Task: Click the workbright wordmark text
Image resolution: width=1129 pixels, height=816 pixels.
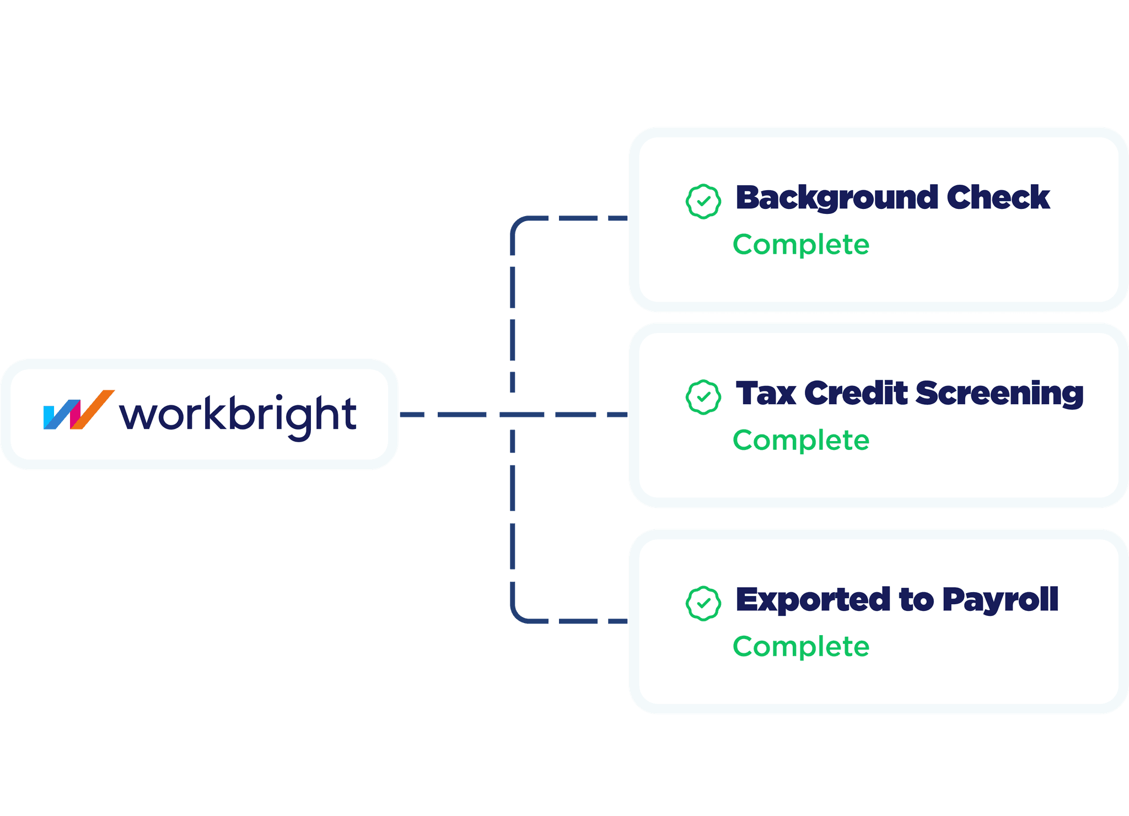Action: [x=238, y=415]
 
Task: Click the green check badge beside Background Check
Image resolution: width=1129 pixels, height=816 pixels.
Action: [x=703, y=201]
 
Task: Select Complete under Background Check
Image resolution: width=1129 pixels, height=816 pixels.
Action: [x=800, y=244]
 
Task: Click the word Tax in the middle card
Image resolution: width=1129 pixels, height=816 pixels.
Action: [x=766, y=393]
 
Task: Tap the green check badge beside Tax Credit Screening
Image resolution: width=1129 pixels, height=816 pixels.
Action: [x=703, y=396]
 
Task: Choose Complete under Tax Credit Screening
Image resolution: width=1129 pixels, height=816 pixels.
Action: [x=800, y=440]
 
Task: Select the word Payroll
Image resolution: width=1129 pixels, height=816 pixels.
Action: [x=1000, y=600]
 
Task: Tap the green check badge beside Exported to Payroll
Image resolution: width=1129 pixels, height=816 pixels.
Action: [x=703, y=603]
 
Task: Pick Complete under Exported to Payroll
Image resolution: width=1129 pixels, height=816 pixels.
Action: [x=800, y=646]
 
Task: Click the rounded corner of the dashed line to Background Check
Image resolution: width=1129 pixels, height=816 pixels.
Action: [x=518, y=224]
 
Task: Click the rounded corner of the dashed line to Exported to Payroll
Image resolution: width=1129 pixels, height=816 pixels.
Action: [x=518, y=615]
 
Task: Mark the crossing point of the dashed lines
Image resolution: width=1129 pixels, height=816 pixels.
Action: [x=513, y=414]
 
